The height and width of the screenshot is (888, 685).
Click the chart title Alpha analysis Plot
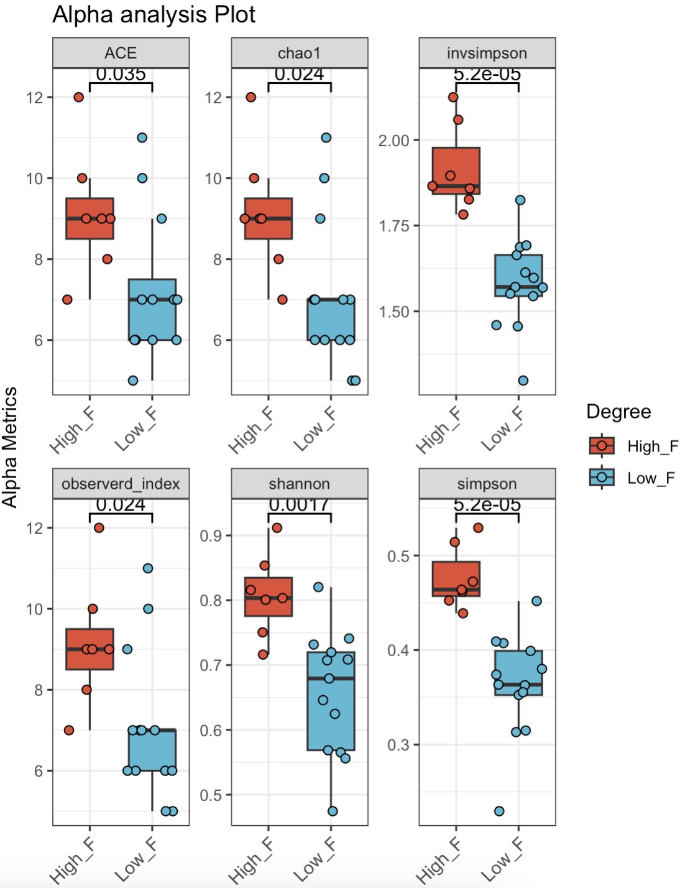coord(154,15)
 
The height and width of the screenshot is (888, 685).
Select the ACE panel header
coord(121,53)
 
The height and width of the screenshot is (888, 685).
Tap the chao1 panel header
coord(299,53)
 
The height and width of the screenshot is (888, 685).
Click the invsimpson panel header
coord(487,53)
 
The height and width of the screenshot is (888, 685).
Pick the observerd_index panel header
coord(121,484)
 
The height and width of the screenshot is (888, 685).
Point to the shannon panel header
coord(299,484)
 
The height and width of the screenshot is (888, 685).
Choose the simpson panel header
coord(487,484)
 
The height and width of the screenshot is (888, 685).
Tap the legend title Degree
coord(618,412)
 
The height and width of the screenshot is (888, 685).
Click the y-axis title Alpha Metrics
coord(10,446)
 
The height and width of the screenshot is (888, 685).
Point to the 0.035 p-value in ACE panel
coord(121,75)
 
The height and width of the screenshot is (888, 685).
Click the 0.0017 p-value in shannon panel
coord(299,505)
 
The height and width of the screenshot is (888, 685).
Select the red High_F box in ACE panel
coord(90,219)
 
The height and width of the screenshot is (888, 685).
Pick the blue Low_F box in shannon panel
coord(331,701)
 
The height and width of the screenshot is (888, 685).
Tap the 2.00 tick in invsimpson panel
coord(394,141)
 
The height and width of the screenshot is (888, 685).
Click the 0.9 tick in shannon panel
coord(211,535)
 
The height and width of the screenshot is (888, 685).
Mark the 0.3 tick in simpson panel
coord(398,744)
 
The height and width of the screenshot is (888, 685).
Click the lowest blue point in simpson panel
coord(499,811)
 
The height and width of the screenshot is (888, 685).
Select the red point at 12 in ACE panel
coord(78,97)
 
